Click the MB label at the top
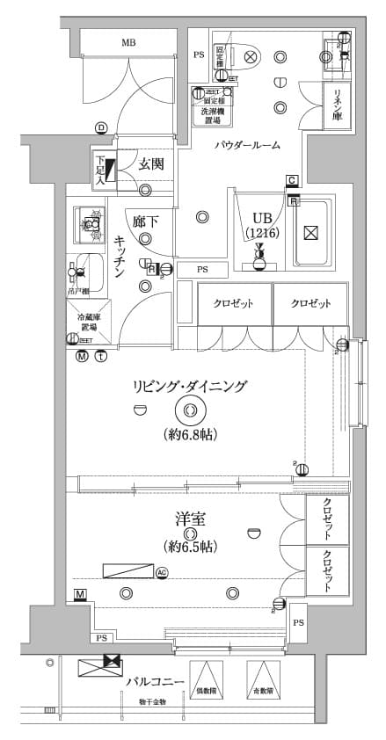click(128, 42)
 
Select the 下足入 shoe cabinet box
click(101, 168)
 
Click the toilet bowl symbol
click(249, 57)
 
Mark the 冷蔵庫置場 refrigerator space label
click(86, 322)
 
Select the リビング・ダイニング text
click(190, 386)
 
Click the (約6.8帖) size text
click(190, 433)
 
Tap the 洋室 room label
click(190, 519)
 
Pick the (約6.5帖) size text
click(189, 547)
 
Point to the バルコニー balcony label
click(154, 682)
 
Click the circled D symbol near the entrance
click(101, 128)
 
